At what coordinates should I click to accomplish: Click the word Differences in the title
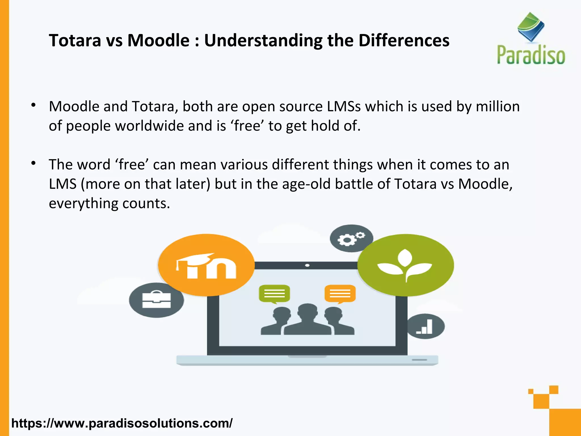click(x=404, y=41)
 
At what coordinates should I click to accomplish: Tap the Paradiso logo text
click(x=531, y=55)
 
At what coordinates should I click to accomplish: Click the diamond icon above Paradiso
click(x=531, y=27)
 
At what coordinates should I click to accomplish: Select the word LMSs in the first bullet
click(x=344, y=106)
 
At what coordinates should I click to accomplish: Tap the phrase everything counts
click(x=109, y=204)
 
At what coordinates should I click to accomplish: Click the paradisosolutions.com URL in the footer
click(x=122, y=423)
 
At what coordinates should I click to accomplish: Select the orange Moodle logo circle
click(x=206, y=265)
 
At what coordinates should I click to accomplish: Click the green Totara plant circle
click(x=405, y=265)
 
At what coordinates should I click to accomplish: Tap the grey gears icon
click(x=351, y=238)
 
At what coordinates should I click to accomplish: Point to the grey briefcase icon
click(x=156, y=300)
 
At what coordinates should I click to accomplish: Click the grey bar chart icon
click(x=425, y=326)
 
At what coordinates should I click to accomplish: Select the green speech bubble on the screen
click(x=274, y=294)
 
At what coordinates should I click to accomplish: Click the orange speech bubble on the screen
click(x=340, y=294)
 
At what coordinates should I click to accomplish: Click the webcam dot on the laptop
click(x=307, y=265)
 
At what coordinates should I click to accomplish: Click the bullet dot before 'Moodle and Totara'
click(x=33, y=105)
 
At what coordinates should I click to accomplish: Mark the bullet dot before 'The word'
click(x=33, y=163)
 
